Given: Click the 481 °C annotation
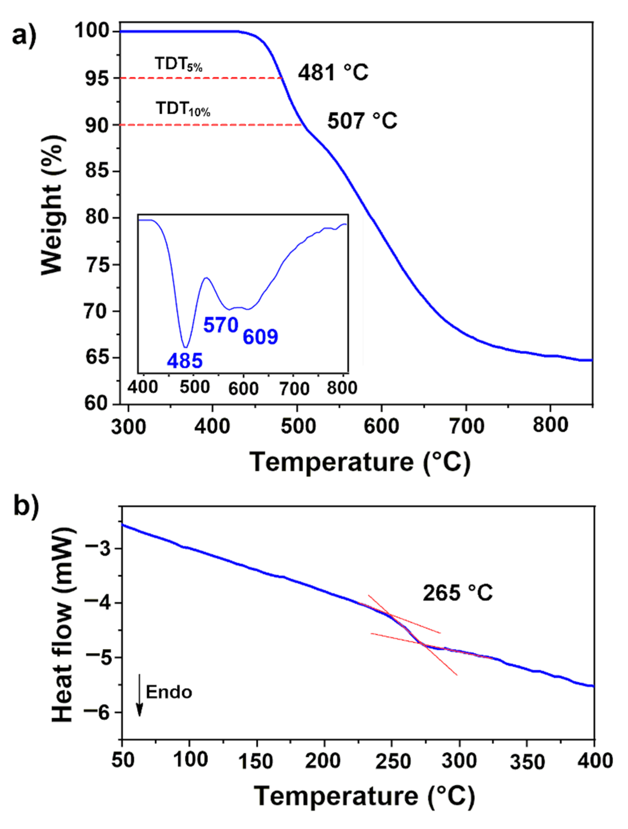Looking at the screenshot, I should pyautogui.click(x=333, y=72).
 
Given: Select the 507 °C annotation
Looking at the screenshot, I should pyautogui.click(x=362, y=121).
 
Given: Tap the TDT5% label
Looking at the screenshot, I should pyautogui.click(x=179, y=64).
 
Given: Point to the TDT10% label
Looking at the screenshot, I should pyautogui.click(x=183, y=109).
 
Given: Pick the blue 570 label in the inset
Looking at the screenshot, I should pyautogui.click(x=221, y=325).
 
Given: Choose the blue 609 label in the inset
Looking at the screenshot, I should pyautogui.click(x=260, y=337).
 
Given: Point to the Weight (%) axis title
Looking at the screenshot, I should pyautogui.click(x=52, y=205).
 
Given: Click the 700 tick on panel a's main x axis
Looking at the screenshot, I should pyautogui.click(x=466, y=426).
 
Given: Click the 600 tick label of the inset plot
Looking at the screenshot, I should pyautogui.click(x=243, y=388).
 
